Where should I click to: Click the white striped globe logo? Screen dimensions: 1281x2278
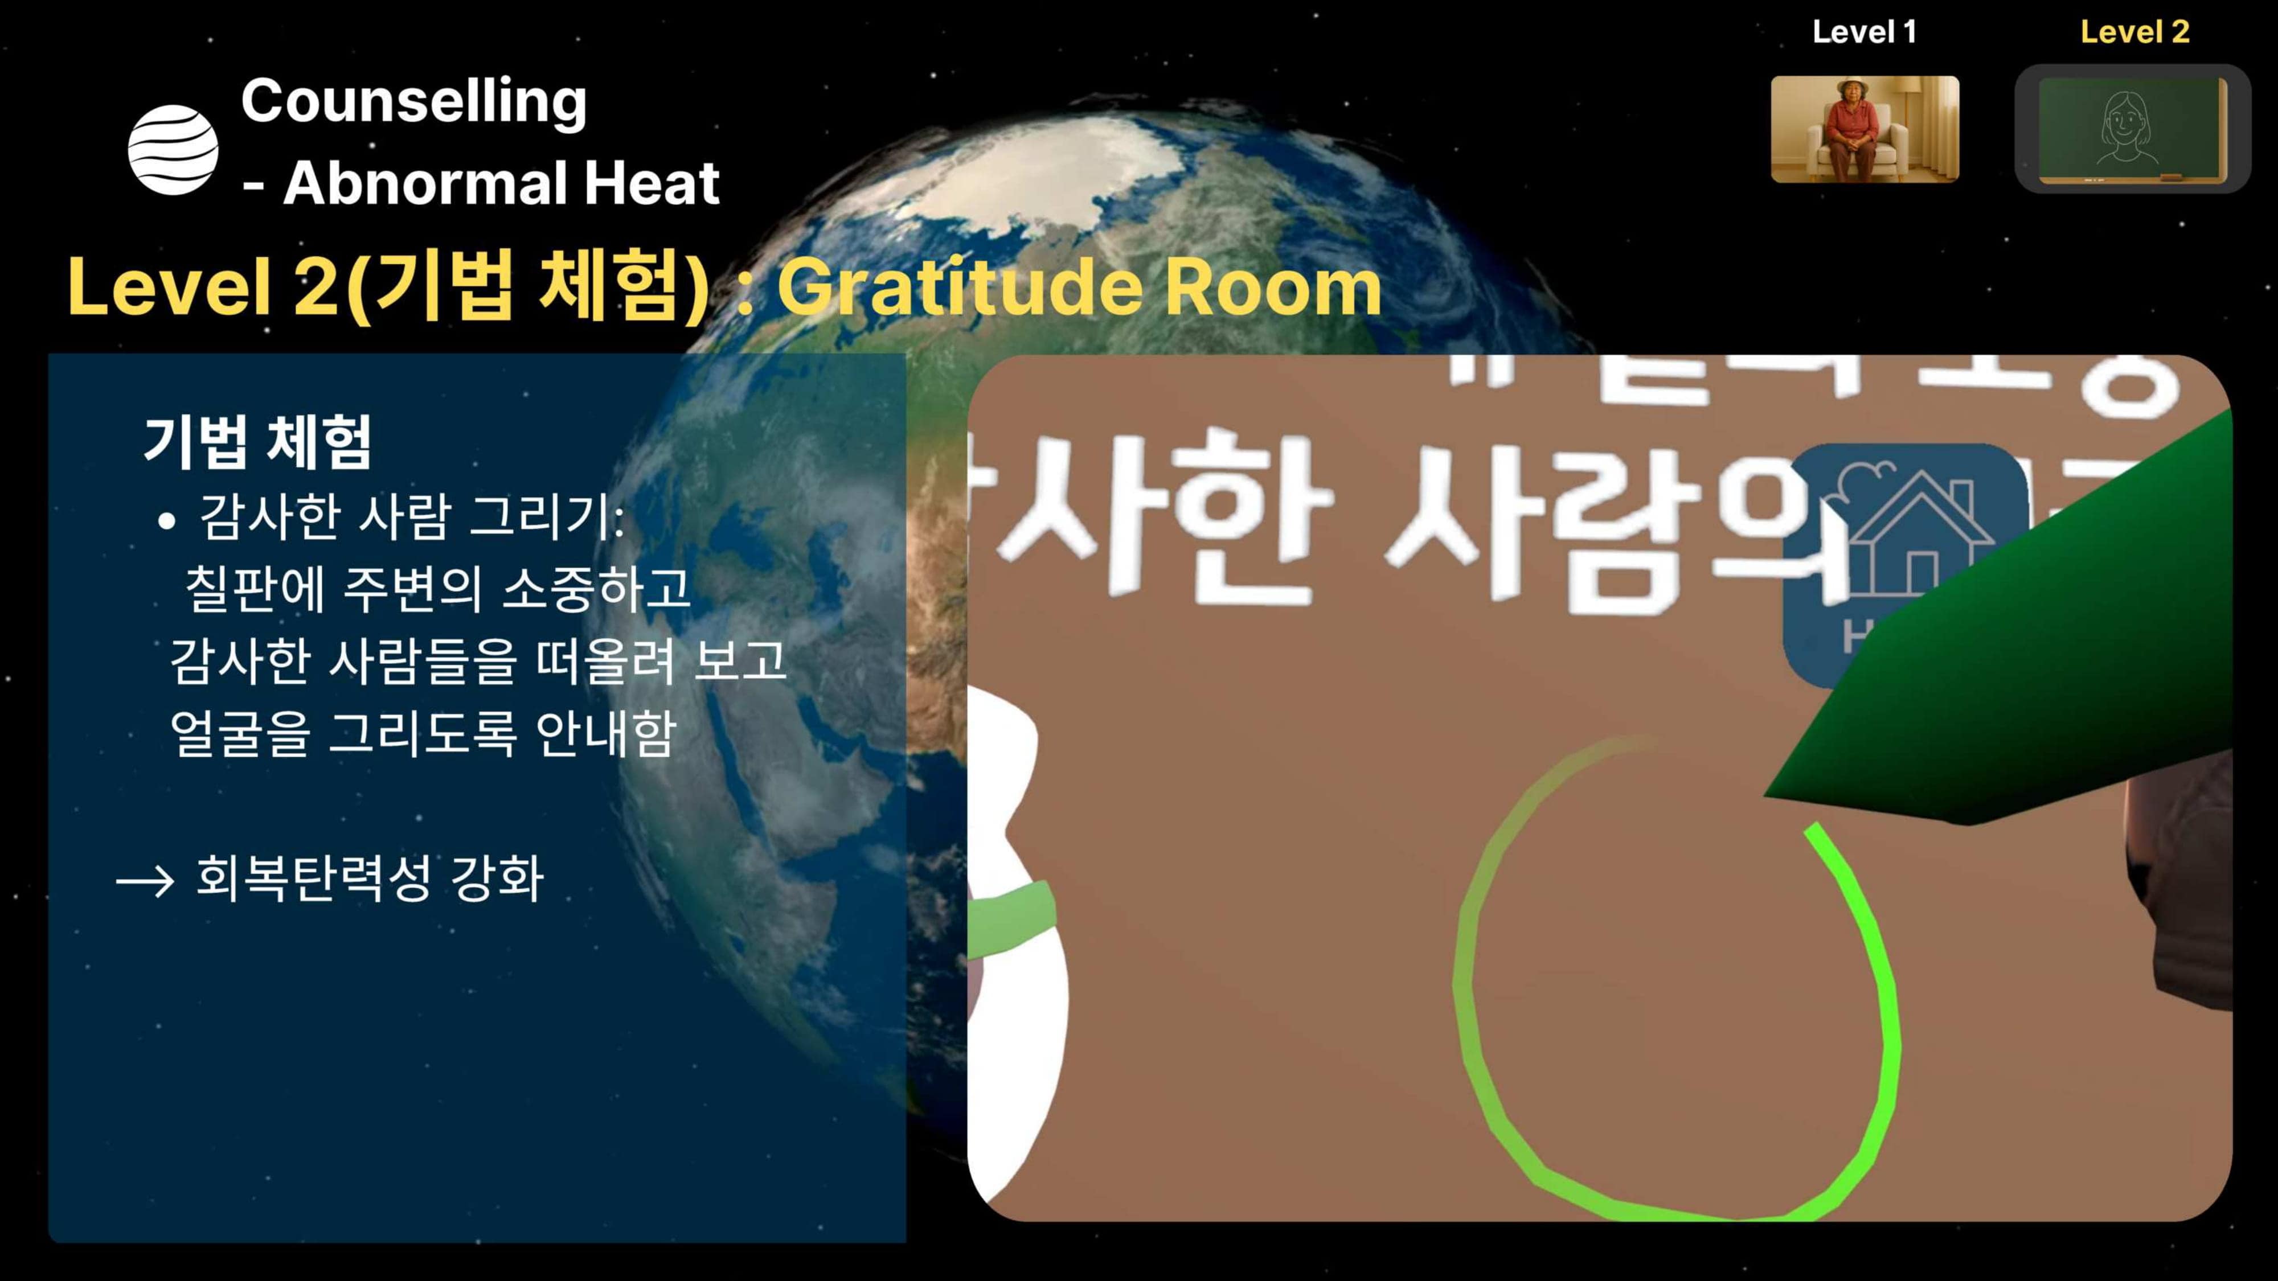(173, 149)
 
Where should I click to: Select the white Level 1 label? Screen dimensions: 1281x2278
(1864, 32)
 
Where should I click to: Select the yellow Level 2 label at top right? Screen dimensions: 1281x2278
(2134, 32)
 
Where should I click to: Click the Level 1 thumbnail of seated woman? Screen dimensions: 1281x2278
(1864, 129)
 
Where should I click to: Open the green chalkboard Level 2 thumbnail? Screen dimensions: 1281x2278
(2132, 129)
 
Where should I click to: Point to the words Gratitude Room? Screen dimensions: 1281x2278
(1078, 288)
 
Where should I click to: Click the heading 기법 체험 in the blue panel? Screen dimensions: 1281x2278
(257, 441)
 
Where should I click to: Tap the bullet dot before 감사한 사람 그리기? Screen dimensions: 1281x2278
(166, 522)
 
